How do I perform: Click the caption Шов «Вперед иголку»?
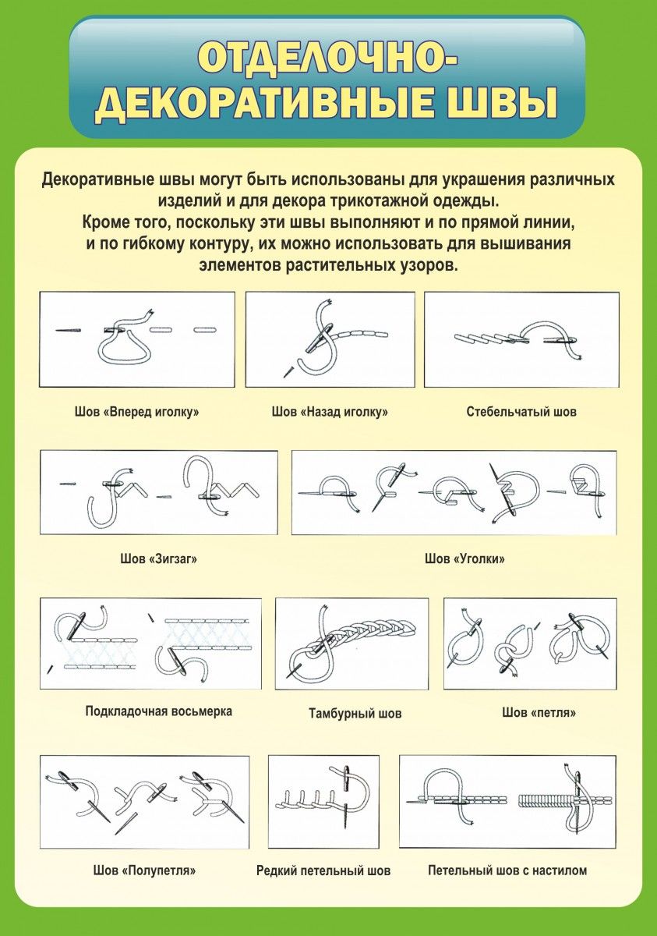pos(137,412)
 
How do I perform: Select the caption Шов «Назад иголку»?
pos(330,412)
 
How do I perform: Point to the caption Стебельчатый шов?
pos(521,412)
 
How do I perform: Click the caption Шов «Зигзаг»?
pos(159,558)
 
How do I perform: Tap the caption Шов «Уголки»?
pos(464,558)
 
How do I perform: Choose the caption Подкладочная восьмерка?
pos(159,711)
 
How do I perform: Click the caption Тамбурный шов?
pos(355,713)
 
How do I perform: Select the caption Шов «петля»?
pos(539,712)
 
